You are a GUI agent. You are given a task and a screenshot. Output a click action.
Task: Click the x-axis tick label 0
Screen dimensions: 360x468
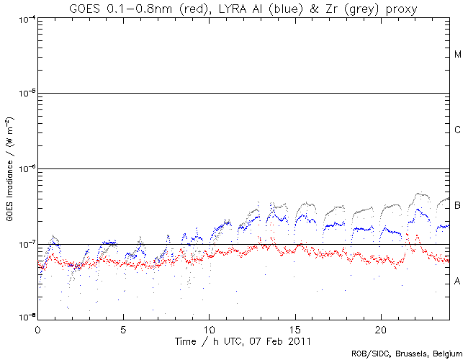coord(37,328)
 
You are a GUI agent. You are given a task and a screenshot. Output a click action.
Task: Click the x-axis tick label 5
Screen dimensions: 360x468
coord(123,328)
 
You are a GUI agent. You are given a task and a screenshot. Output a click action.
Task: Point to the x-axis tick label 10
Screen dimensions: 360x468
coord(209,328)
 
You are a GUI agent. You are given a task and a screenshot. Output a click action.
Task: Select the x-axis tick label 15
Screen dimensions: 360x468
coord(294,328)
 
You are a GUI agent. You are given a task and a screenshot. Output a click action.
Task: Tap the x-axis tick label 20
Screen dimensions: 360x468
coord(380,328)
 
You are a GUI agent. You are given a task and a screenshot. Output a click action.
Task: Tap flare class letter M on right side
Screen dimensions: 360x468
coord(458,55)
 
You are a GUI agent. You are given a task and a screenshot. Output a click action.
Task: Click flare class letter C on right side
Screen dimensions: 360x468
coord(458,130)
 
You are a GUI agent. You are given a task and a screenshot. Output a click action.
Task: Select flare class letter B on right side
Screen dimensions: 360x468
coord(458,206)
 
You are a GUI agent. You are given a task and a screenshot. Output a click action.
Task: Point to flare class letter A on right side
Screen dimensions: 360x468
coord(458,282)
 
